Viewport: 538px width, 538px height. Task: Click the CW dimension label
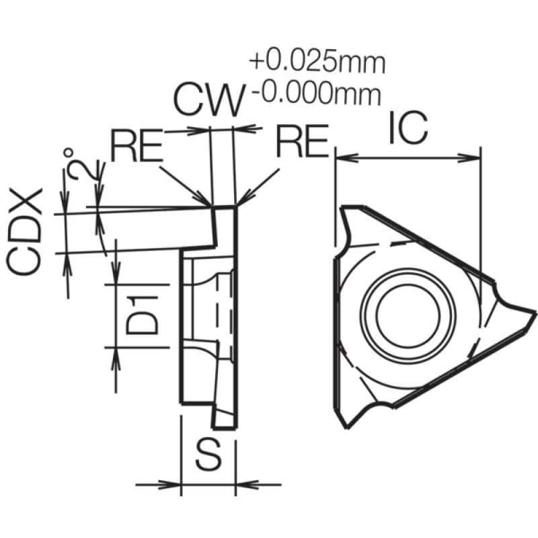click(x=210, y=100)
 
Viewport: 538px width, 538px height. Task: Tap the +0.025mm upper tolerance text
click(x=317, y=62)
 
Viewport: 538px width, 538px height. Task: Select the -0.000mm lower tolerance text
click(x=316, y=93)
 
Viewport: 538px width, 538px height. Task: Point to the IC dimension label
click(x=409, y=127)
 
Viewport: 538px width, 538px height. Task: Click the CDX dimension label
click(x=25, y=231)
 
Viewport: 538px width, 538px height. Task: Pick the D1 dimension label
click(x=142, y=315)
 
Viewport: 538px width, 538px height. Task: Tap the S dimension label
click(x=208, y=455)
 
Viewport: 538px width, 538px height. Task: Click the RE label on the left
click(x=137, y=145)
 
